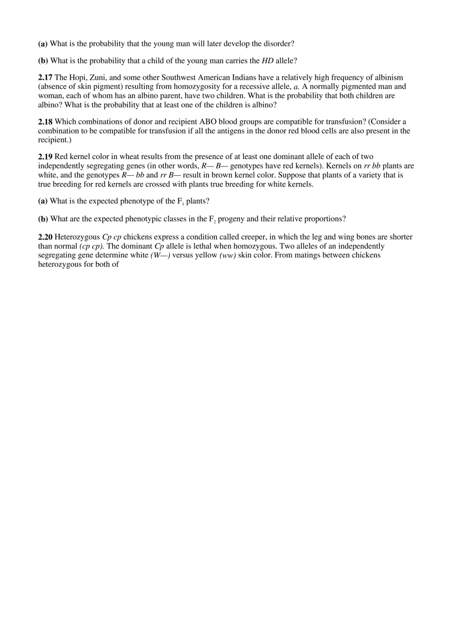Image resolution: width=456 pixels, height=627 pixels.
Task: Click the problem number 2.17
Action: pyautogui.click(x=45, y=77)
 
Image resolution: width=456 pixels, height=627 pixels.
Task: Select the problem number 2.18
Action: pyautogui.click(x=45, y=122)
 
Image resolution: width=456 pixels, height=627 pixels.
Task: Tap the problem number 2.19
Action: pyautogui.click(x=45, y=157)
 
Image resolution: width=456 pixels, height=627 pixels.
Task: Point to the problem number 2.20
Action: pyautogui.click(x=45, y=237)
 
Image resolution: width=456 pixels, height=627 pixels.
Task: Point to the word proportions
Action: pyautogui.click(x=325, y=219)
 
